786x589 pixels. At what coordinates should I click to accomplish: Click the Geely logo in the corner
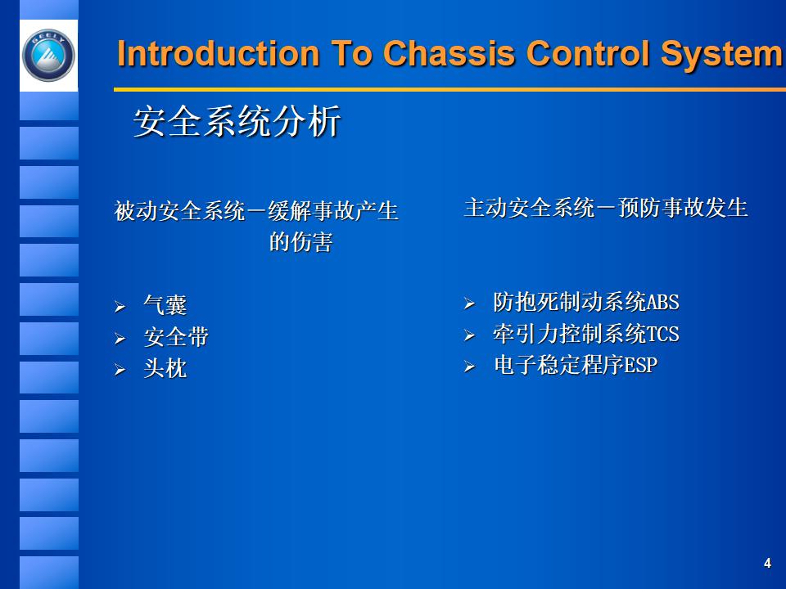pyautogui.click(x=48, y=56)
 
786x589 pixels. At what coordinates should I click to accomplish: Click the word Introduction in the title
pyautogui.click(x=218, y=55)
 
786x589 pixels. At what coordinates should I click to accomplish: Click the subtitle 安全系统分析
pyautogui.click(x=237, y=123)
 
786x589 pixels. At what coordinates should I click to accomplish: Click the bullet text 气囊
pyautogui.click(x=165, y=306)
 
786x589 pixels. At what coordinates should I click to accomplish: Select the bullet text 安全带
pyautogui.click(x=176, y=337)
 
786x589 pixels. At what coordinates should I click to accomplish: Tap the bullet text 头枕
pyautogui.click(x=165, y=369)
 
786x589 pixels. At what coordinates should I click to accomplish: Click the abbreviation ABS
pyautogui.click(x=663, y=303)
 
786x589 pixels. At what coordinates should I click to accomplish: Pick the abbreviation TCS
pyautogui.click(x=663, y=334)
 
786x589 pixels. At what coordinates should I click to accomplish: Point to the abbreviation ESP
pyautogui.click(x=641, y=365)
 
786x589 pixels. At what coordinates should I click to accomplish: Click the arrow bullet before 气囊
pyautogui.click(x=120, y=308)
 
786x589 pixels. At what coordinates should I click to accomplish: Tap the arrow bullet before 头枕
pyautogui.click(x=120, y=371)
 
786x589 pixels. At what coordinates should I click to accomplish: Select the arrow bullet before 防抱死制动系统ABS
pyautogui.click(x=469, y=303)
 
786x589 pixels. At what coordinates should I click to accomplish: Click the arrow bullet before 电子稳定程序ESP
pyautogui.click(x=469, y=366)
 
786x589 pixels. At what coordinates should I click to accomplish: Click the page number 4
pyautogui.click(x=767, y=563)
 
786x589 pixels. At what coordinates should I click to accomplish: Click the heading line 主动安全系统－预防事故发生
pyautogui.click(x=606, y=208)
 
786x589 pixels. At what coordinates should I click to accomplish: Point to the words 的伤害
pyautogui.click(x=301, y=243)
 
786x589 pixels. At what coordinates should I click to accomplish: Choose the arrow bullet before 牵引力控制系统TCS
pyautogui.click(x=469, y=335)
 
